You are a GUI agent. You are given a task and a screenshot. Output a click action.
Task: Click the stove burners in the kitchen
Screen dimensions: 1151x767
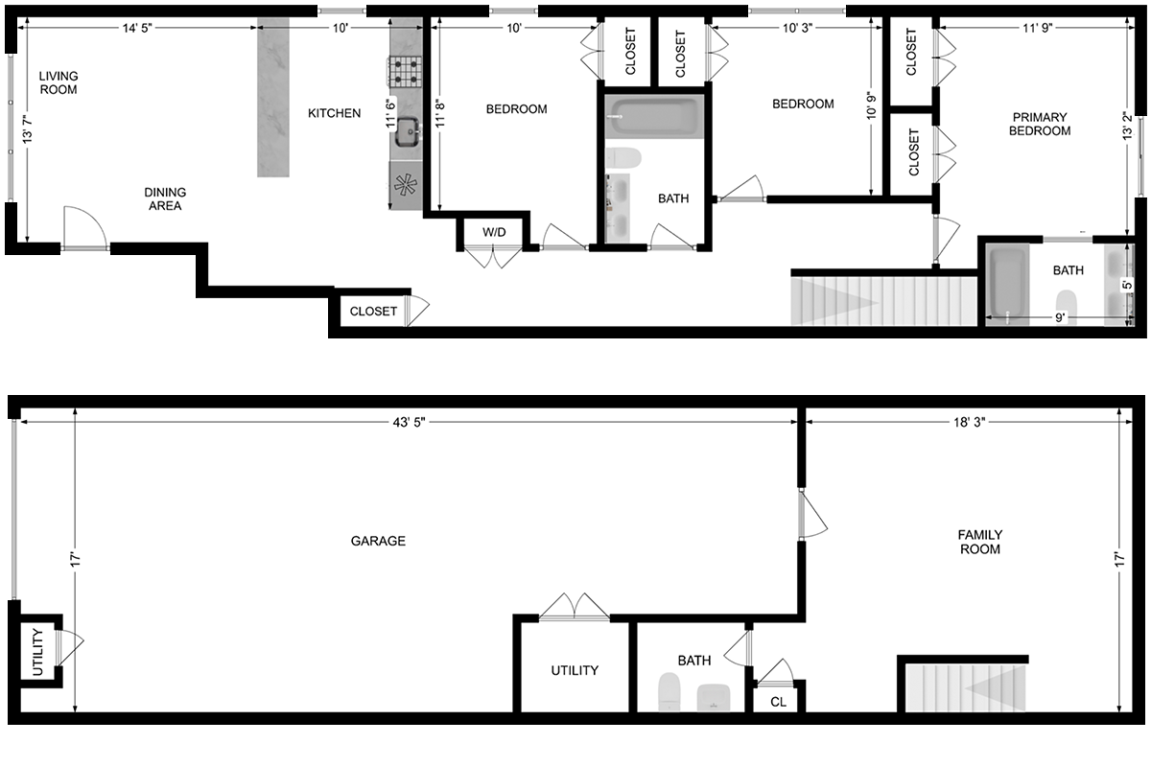(x=405, y=71)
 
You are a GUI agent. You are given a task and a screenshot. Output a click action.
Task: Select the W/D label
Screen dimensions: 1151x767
(x=494, y=232)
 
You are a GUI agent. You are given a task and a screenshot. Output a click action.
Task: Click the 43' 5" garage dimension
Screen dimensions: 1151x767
(x=409, y=422)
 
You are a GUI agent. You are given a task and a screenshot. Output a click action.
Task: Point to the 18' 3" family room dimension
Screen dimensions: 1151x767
(x=970, y=422)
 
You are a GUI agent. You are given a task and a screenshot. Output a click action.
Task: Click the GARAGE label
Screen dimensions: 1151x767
(x=378, y=541)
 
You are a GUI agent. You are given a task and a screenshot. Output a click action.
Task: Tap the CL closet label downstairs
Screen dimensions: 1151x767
(x=778, y=702)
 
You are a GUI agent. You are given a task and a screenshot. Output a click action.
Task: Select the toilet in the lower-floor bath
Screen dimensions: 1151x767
(x=669, y=692)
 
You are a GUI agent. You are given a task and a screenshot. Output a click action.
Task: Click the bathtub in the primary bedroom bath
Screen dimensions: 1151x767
(x=1008, y=284)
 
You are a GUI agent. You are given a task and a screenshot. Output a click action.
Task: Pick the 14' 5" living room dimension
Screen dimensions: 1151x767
(x=137, y=28)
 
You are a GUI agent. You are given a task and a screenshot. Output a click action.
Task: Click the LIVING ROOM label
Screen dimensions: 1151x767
(x=59, y=82)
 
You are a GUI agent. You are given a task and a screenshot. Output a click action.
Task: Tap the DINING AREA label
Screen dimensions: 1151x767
(x=165, y=198)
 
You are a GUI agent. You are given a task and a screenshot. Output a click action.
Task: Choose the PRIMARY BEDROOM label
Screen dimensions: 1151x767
(x=1040, y=124)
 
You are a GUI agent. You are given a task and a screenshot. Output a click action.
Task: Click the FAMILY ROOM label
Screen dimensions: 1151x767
(x=980, y=542)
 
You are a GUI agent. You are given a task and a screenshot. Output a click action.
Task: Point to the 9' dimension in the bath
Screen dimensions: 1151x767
(x=1059, y=318)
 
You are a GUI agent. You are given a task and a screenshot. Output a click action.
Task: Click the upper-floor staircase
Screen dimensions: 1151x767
(x=883, y=301)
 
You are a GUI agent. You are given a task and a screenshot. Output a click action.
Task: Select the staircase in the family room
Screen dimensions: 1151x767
(x=966, y=688)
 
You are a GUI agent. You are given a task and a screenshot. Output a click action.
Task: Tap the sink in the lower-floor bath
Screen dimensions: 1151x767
(x=714, y=698)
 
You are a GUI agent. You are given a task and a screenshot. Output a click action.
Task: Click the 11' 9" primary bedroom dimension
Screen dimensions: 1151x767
(x=1038, y=28)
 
